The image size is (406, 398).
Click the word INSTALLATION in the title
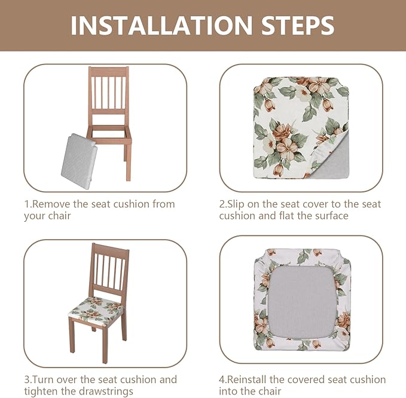coord(161,25)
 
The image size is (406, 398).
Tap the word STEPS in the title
coord(298,25)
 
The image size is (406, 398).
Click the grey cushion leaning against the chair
coord(79,162)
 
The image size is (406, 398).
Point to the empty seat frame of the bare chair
coord(109,134)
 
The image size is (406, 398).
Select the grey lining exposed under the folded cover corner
coord(331,160)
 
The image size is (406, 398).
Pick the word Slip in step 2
coord(236,205)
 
